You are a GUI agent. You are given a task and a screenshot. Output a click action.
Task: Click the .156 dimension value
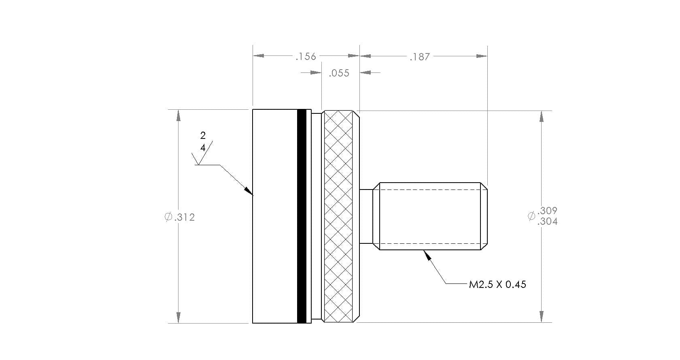point(306,57)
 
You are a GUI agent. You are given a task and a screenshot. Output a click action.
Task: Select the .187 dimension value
point(420,57)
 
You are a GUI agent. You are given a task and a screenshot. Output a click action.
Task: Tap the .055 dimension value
point(339,73)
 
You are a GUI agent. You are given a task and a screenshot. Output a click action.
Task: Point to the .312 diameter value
point(185,217)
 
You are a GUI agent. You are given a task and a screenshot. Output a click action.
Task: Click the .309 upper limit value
point(547,211)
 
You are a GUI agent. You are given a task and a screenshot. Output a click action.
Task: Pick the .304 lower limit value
point(547,222)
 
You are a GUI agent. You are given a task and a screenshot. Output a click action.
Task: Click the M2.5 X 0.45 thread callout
point(497,284)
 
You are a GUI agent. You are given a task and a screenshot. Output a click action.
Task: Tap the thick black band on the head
point(302,216)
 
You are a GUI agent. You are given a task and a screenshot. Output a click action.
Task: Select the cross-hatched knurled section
point(338,216)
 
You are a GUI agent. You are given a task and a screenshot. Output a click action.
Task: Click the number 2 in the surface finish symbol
point(203,136)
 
